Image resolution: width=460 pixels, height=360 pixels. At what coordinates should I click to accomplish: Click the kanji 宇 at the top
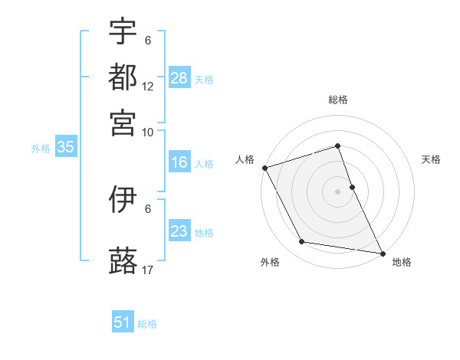pyautogui.click(x=123, y=31)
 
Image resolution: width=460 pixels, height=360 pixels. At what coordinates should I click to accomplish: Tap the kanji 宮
pyautogui.click(x=123, y=122)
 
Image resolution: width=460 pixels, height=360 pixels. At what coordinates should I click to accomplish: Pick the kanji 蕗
pyautogui.click(x=123, y=260)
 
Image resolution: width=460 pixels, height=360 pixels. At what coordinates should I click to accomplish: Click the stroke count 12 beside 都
pyautogui.click(x=148, y=87)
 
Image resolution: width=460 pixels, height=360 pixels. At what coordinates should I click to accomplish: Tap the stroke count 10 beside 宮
pyautogui.click(x=148, y=132)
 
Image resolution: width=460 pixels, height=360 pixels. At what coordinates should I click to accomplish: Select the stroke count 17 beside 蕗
pyautogui.click(x=148, y=270)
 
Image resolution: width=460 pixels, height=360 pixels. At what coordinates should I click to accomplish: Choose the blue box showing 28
pyautogui.click(x=179, y=77)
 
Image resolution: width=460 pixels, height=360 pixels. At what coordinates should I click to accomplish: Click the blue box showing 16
pyautogui.click(x=179, y=162)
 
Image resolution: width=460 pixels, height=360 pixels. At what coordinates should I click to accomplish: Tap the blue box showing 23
pyautogui.click(x=179, y=231)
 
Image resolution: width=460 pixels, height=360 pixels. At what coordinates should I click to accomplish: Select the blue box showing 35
pyautogui.click(x=65, y=148)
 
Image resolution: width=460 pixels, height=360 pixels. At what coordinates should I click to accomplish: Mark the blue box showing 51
pyautogui.click(x=123, y=322)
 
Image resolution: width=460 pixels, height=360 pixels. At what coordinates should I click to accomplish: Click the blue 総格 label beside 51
pyautogui.click(x=147, y=324)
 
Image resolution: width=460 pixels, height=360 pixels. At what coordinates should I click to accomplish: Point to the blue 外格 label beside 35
pyautogui.click(x=41, y=149)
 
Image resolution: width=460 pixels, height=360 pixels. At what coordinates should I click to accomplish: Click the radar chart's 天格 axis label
pyautogui.click(x=432, y=159)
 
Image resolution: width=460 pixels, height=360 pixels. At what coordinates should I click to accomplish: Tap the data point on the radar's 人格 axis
pyautogui.click(x=264, y=168)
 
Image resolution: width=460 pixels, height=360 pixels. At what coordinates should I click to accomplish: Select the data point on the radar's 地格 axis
pyautogui.click(x=382, y=252)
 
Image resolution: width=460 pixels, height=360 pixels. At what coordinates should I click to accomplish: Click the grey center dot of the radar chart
pyautogui.click(x=337, y=191)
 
